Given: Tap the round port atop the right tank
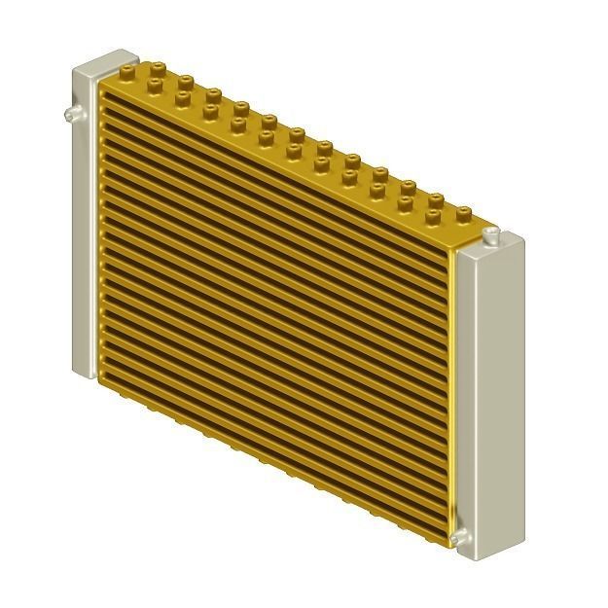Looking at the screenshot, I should [492, 235].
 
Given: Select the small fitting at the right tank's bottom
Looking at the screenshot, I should [457, 537].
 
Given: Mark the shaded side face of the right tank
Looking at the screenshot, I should [516, 389].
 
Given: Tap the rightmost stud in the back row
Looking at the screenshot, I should [465, 210].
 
